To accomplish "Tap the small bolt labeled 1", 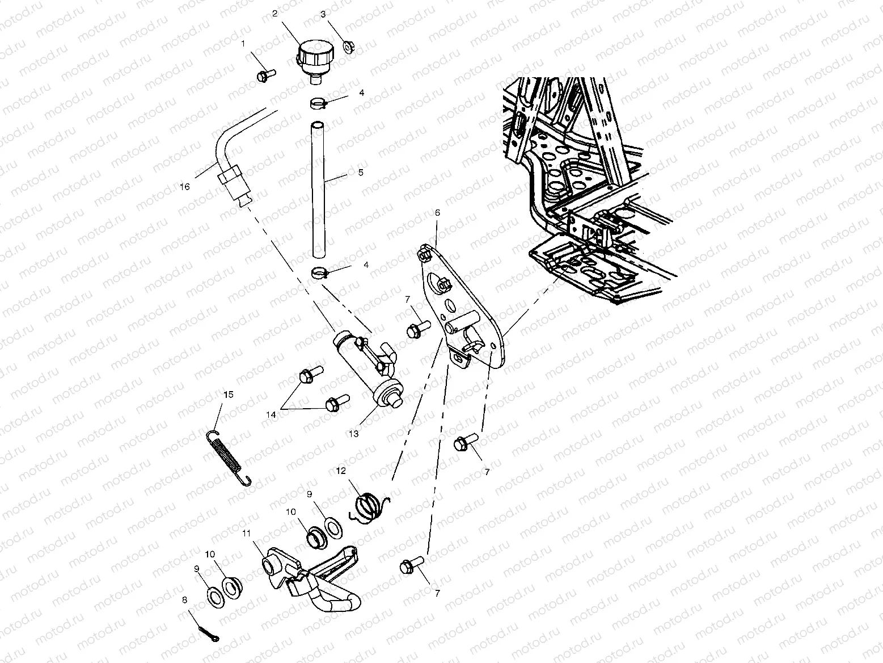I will [265, 75].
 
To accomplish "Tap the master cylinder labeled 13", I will [369, 369].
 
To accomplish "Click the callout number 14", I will [271, 415].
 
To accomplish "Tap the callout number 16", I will [184, 186].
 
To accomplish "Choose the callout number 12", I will [340, 471].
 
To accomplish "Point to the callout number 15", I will [228, 393].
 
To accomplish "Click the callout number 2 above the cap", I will [274, 13].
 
